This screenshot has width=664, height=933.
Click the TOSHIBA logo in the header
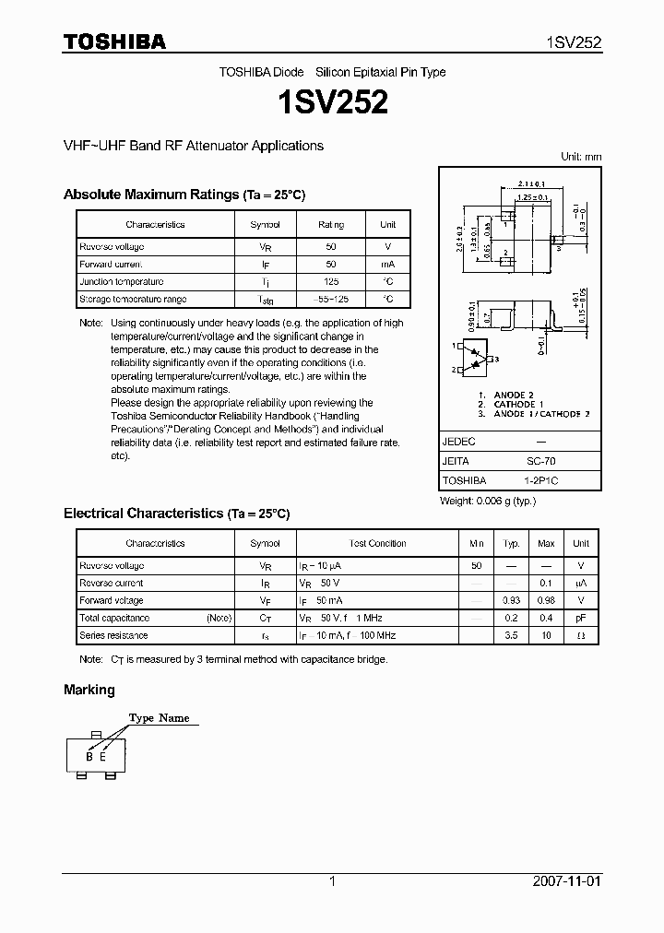point(114,41)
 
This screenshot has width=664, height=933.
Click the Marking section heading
point(89,690)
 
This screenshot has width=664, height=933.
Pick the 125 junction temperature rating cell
point(331,282)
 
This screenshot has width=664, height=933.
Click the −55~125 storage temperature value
point(331,300)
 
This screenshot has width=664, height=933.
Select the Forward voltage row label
point(112,600)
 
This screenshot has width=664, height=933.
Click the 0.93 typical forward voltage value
point(512,600)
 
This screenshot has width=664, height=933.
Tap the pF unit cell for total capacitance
point(581,618)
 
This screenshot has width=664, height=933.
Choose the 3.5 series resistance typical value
point(512,635)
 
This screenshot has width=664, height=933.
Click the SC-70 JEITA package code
point(541,461)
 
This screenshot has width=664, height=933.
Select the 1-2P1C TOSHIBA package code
point(541,480)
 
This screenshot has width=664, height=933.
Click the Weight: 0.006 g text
point(488,501)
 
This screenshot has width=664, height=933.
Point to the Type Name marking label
point(159,718)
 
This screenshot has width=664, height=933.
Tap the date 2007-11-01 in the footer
point(566,881)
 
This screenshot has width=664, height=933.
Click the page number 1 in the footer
point(332,881)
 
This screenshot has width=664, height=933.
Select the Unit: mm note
point(581,157)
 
